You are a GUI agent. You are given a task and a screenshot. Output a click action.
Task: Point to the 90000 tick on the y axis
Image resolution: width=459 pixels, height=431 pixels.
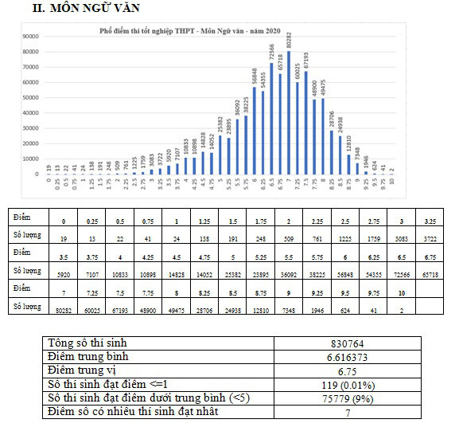click(32, 37)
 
